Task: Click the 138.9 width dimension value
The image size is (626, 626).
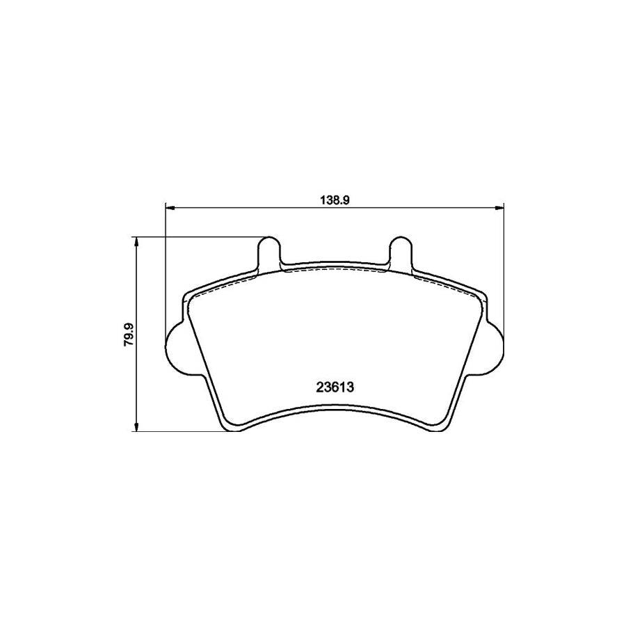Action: pos(334,199)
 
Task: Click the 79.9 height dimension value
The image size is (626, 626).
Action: pos(127,334)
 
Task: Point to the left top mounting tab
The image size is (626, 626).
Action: pos(269,250)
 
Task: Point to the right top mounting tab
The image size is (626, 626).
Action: pos(401,250)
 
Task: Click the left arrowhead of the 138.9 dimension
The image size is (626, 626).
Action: pos(169,207)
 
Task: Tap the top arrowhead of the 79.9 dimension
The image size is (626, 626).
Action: pos(137,241)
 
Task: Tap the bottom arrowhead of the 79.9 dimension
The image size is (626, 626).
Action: pos(137,428)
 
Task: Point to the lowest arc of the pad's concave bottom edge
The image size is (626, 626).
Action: pos(334,408)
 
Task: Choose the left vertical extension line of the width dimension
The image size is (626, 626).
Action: pos(166,271)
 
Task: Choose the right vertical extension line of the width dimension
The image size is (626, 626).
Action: pos(502,271)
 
